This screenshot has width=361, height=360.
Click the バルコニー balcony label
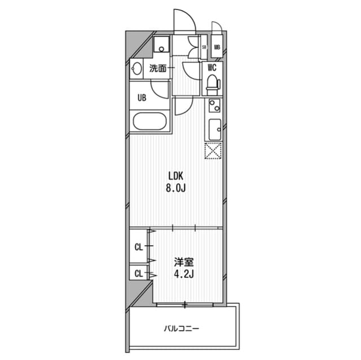182,327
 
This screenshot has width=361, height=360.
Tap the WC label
212,68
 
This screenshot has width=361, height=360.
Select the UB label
142,97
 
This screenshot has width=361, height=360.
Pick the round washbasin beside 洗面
137,69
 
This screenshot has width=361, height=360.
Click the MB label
217,47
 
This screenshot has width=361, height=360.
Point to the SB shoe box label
204,47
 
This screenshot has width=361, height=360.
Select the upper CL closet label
138,246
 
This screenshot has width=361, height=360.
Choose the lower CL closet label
138,274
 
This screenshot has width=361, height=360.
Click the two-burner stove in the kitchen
214,105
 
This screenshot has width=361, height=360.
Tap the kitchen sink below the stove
214,129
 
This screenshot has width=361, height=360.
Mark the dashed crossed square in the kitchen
213,150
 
